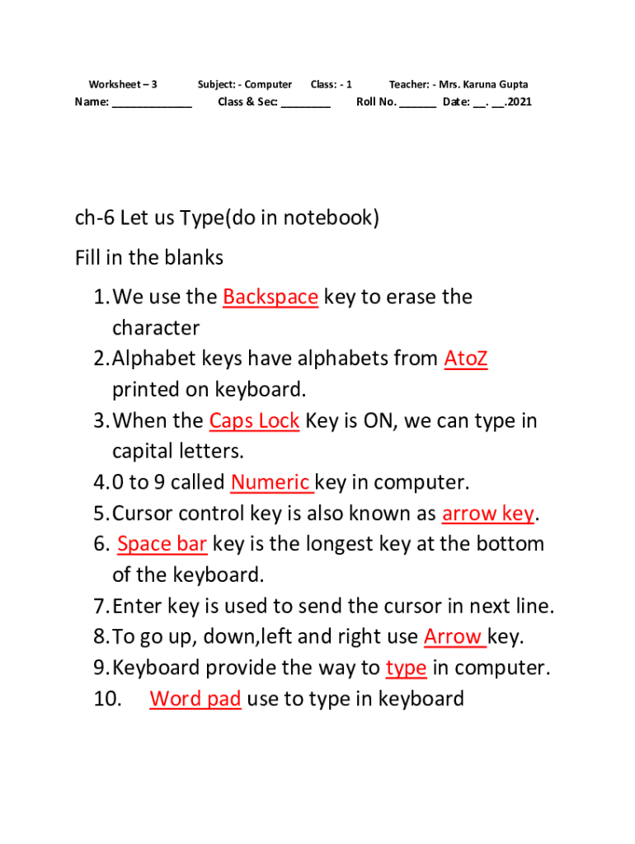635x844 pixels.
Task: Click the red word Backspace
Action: point(270,297)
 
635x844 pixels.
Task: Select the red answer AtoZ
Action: point(466,359)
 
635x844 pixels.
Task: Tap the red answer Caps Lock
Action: point(254,421)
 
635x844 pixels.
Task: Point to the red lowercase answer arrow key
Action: point(488,514)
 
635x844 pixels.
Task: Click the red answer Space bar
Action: point(162,544)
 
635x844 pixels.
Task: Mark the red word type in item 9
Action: point(406,668)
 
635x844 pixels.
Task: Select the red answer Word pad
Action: point(195,699)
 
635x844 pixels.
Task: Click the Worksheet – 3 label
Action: point(123,85)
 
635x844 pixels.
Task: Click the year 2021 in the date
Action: point(520,101)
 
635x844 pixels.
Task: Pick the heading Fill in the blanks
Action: point(149,258)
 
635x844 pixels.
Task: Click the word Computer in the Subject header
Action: point(268,85)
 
